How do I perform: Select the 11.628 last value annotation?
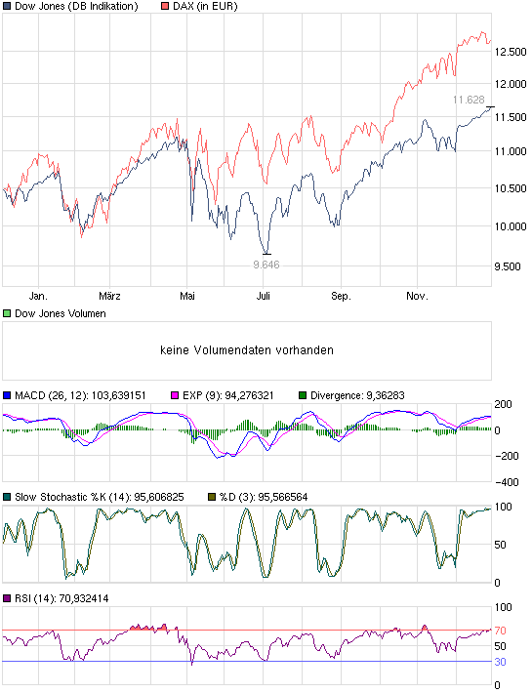click(470, 100)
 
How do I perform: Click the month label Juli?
click(263, 295)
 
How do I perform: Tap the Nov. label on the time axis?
click(417, 295)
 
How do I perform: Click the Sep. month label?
click(340, 295)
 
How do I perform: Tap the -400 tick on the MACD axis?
click(508, 482)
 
